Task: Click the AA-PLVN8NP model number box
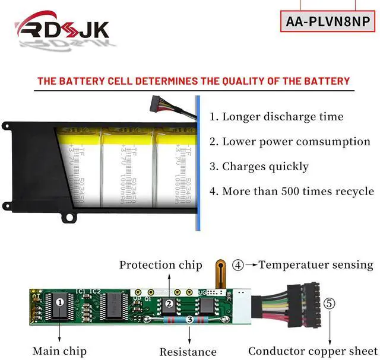328,21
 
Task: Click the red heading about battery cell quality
194,81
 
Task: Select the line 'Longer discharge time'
276,116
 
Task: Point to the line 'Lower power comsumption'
290,141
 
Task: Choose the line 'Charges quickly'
259,166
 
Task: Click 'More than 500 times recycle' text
292,191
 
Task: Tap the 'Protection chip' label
160,265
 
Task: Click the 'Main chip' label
59,351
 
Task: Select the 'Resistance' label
189,352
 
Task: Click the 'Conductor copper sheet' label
312,351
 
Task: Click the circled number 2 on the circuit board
169,304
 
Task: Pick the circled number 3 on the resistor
189,319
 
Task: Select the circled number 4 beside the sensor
238,265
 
